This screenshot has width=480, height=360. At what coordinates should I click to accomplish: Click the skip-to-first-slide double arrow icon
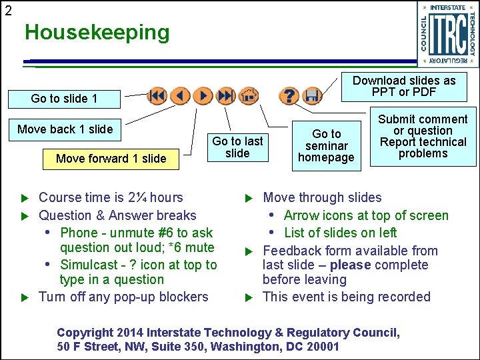157,96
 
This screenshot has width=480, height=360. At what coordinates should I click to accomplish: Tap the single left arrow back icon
180,96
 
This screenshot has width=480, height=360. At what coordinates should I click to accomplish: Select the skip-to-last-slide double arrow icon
226,96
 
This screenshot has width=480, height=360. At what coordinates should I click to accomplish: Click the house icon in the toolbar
249,96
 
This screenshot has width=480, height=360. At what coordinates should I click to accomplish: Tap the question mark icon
288,96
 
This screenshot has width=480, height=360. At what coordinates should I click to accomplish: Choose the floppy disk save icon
311,96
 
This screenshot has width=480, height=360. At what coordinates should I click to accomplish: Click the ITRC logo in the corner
448,34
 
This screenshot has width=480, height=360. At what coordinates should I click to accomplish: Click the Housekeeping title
97,32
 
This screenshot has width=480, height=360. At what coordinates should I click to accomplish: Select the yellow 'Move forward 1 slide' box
111,159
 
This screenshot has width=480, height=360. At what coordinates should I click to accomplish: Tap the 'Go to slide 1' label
64,99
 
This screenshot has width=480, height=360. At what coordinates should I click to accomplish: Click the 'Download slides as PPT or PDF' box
404,86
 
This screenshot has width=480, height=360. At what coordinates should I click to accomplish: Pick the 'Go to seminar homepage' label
327,145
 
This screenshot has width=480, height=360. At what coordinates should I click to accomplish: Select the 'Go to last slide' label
237,147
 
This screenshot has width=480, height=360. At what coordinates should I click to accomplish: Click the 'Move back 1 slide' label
65,129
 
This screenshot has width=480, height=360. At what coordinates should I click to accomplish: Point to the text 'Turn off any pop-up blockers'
123,297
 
